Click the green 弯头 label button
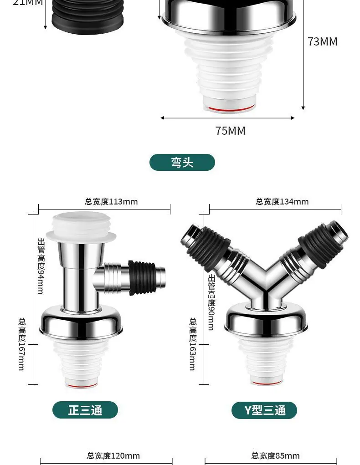click(x=182, y=162)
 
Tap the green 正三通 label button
click(x=85, y=410)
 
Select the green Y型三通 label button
click(x=264, y=410)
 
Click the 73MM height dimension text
click(x=323, y=41)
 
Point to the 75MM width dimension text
click(x=231, y=131)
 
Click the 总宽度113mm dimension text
click(x=111, y=202)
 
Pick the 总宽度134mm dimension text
click(x=282, y=202)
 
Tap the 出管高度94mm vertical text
click(x=41, y=266)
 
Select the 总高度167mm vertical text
click(x=22, y=344)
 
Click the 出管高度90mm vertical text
click(x=211, y=302)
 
